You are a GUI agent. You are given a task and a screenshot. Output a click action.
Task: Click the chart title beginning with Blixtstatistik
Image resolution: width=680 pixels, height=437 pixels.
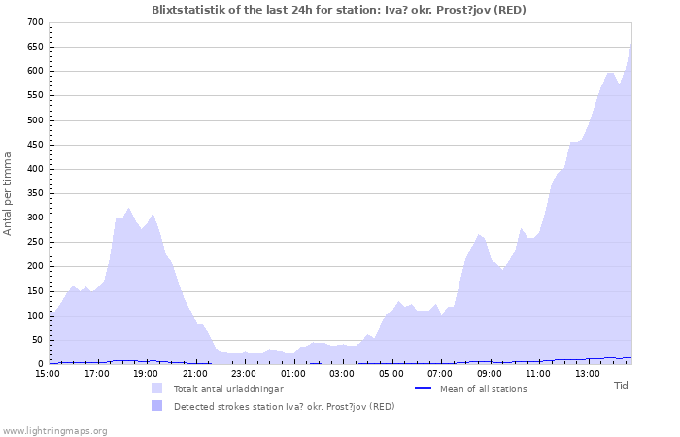point(339,10)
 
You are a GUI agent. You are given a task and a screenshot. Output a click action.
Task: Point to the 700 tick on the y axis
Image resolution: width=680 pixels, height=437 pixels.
point(36,22)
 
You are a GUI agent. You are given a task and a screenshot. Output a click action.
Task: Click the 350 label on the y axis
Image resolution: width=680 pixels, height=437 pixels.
point(36,193)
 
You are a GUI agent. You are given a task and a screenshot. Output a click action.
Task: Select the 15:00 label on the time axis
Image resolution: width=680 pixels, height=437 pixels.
point(48,374)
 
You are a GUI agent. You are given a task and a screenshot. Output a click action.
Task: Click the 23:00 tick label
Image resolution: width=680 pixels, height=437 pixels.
point(244,374)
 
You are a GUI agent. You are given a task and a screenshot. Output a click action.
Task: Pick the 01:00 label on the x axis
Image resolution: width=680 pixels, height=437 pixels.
point(293,374)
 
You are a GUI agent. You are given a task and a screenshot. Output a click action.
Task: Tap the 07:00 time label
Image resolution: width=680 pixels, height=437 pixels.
point(440,374)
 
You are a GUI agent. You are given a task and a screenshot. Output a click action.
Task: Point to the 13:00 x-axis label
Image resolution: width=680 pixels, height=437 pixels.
point(588,374)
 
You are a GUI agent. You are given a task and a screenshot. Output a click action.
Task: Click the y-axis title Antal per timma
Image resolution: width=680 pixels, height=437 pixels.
point(7,194)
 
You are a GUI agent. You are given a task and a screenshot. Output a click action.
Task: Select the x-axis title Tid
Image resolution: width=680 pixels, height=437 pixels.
point(621,386)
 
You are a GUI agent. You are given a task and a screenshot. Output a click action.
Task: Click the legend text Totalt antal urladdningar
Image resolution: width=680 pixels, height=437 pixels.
point(228,389)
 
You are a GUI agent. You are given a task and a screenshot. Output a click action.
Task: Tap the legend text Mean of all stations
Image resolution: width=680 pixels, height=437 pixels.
point(484,389)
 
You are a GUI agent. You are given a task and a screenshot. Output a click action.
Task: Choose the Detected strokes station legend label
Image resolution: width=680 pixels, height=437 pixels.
point(285,407)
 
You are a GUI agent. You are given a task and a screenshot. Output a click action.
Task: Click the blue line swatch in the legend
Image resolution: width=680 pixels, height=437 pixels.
point(423,388)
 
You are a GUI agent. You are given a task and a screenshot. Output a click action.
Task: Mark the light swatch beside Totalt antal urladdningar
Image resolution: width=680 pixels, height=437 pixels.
point(157,388)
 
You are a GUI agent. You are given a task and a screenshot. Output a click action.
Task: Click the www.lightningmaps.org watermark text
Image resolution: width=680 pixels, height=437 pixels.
point(54,431)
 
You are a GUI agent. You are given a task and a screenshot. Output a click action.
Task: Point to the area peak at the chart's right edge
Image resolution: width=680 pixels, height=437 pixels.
point(631,44)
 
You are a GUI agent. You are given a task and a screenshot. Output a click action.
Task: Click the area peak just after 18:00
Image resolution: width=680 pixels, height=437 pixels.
point(128,208)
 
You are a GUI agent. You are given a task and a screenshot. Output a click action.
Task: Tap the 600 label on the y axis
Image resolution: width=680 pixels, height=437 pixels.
point(36,71)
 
